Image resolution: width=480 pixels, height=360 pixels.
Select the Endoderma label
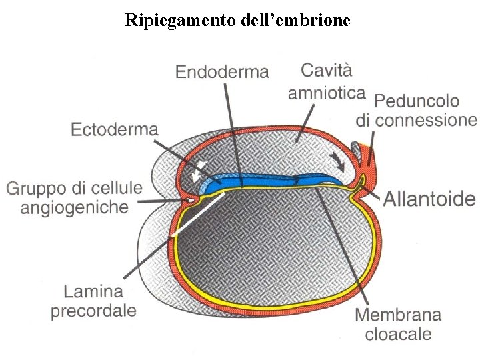[x=222, y=71]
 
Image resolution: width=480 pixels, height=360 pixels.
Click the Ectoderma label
[x=114, y=129]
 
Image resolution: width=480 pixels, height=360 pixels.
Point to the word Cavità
[x=326, y=69]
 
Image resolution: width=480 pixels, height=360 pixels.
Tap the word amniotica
[x=326, y=92]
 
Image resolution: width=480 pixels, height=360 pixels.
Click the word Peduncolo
[x=417, y=101]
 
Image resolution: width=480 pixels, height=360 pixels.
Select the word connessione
[x=427, y=120]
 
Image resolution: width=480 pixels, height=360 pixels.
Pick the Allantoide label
[x=429, y=198]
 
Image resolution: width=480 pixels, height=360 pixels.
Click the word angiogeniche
[x=74, y=207]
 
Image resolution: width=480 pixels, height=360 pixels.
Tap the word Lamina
[x=93, y=291]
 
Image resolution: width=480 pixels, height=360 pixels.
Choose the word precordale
[x=93, y=310]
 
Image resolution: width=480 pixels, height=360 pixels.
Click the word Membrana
[x=398, y=315]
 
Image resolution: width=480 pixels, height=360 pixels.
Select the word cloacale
[x=398, y=333]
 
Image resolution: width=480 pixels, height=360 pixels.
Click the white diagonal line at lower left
[x=197, y=215]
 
